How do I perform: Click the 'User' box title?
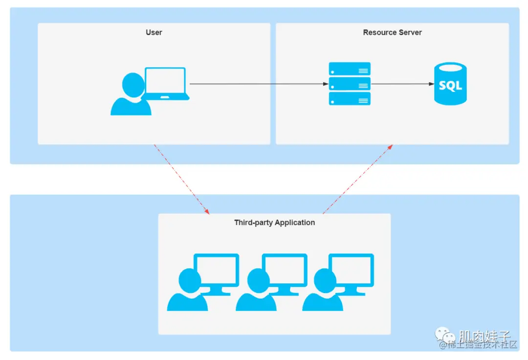[x=154, y=32]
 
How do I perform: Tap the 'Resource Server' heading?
[x=392, y=32]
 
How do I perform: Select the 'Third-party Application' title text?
[x=274, y=223]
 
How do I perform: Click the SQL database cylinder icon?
[x=450, y=84]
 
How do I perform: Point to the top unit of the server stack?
[x=350, y=69]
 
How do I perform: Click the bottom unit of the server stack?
[x=350, y=99]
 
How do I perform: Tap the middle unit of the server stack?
[x=350, y=84]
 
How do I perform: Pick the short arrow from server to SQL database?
[x=401, y=84]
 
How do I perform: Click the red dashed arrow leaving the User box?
[x=181, y=178]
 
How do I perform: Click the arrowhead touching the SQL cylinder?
[x=431, y=84]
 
